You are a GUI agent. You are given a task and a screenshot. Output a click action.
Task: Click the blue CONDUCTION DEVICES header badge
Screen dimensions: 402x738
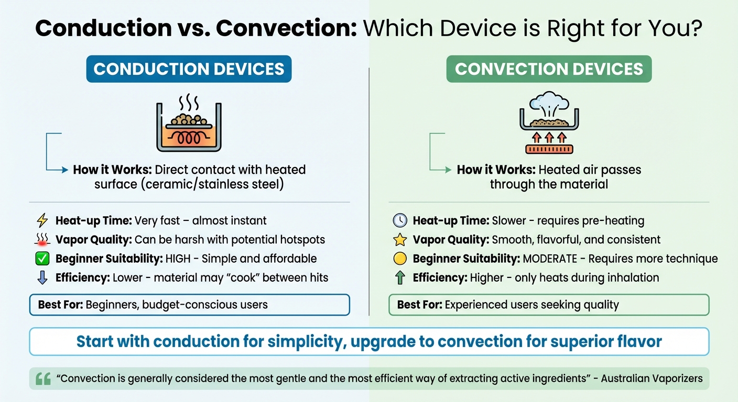[189, 70]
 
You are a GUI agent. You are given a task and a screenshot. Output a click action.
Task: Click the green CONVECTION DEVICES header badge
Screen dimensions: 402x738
[548, 70]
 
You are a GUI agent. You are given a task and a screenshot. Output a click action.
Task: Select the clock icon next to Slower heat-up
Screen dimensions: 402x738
[400, 221]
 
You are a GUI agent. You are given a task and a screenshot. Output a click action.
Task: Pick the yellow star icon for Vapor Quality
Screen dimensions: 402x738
[400, 240]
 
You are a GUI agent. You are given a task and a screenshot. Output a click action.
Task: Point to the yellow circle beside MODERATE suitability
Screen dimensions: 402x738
[400, 259]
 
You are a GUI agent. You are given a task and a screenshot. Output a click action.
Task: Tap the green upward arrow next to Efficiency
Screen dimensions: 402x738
[400, 277]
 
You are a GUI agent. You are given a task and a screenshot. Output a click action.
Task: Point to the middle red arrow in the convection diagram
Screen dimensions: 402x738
[549, 138]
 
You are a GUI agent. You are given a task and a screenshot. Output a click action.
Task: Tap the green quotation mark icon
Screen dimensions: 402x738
[44, 378]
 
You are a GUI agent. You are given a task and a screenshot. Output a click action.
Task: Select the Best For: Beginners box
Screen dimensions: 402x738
[189, 305]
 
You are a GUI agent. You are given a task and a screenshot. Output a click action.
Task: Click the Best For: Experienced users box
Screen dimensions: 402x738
[548, 305]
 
